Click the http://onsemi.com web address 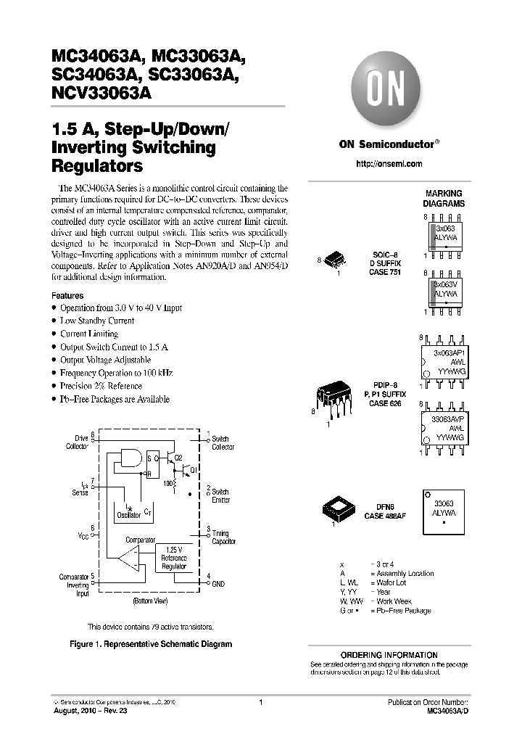pos(389,164)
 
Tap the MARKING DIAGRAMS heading pos(444,199)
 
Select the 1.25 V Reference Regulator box pos(173,558)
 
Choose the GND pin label pos(217,582)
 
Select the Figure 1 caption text pos(150,644)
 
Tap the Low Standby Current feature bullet pos(97,321)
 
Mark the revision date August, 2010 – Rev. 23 pos(89,712)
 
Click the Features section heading pos(67,296)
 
